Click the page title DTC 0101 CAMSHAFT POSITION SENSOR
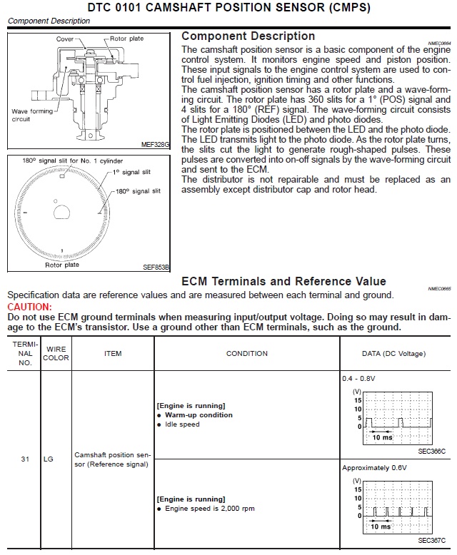pos(228,8)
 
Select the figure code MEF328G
pos(156,144)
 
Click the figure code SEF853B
pos(156,268)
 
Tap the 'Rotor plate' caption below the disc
pos(62,265)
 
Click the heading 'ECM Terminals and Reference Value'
pos(283,281)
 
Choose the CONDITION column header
pos(246,353)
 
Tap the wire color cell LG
pos(49,459)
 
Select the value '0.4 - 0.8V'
pos(358,378)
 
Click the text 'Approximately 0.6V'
pos(374,467)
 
